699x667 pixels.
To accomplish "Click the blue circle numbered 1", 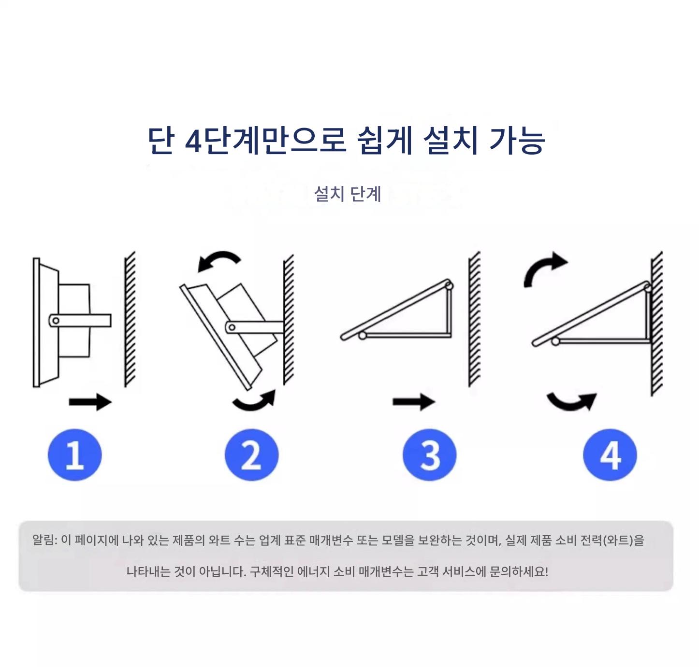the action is click(75, 454).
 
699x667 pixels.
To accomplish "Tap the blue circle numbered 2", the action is click(251, 454).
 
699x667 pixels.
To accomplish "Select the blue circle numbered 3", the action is click(430, 454).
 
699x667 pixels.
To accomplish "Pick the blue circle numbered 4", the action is click(610, 454).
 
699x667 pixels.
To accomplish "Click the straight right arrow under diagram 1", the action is click(90, 402).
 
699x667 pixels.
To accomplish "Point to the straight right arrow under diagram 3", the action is click(414, 402).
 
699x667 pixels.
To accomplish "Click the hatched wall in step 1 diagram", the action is click(130, 319).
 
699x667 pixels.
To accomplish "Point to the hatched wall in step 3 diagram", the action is click(474, 319).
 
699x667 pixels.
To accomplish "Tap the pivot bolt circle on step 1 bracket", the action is click(56, 320).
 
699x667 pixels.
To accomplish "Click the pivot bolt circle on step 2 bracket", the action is click(232, 327).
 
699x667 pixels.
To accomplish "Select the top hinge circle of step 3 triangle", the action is click(449, 285).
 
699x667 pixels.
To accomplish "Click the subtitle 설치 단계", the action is click(348, 194).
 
